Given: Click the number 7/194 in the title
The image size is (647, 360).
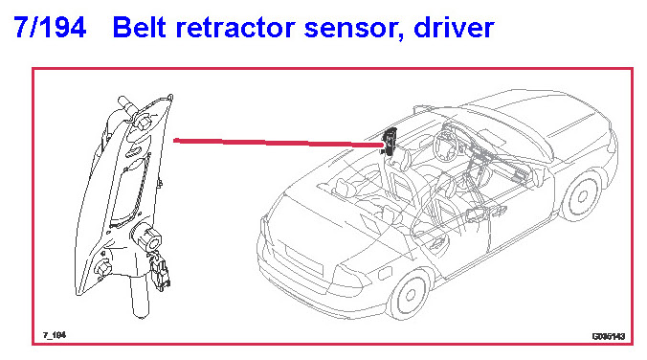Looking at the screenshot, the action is (50, 27).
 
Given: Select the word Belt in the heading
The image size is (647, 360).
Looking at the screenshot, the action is (139, 27).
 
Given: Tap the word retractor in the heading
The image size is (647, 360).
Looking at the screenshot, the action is (234, 28).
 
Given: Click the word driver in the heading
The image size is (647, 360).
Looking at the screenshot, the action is (454, 27).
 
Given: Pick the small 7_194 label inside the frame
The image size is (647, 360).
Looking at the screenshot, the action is (55, 335).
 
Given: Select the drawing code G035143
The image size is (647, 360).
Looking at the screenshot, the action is (609, 336).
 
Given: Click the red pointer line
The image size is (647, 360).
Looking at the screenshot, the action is (279, 143).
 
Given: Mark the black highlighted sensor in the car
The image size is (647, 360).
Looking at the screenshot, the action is (390, 141).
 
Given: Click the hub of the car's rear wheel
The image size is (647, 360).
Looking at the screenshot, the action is (411, 294).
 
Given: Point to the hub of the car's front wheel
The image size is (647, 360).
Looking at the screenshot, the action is (582, 196).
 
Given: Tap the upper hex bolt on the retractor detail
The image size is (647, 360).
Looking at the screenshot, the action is (144, 123).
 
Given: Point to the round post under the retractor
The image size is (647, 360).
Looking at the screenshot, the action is (139, 296).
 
